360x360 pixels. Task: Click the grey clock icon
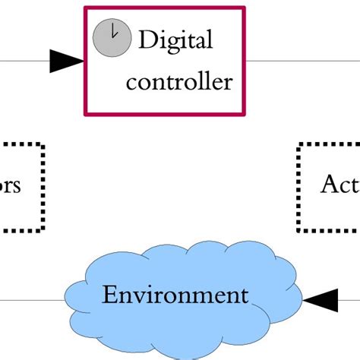[109, 36]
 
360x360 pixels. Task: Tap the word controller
[179, 81]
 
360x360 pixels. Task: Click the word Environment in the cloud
[175, 295]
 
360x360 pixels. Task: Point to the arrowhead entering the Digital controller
[66, 61]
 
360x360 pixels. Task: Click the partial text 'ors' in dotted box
[10, 185]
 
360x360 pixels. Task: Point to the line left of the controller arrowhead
[23, 61]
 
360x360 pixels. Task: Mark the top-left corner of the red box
[85, 9]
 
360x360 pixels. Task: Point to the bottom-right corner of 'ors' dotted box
[43, 229]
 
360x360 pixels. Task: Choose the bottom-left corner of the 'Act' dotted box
[299, 229]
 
